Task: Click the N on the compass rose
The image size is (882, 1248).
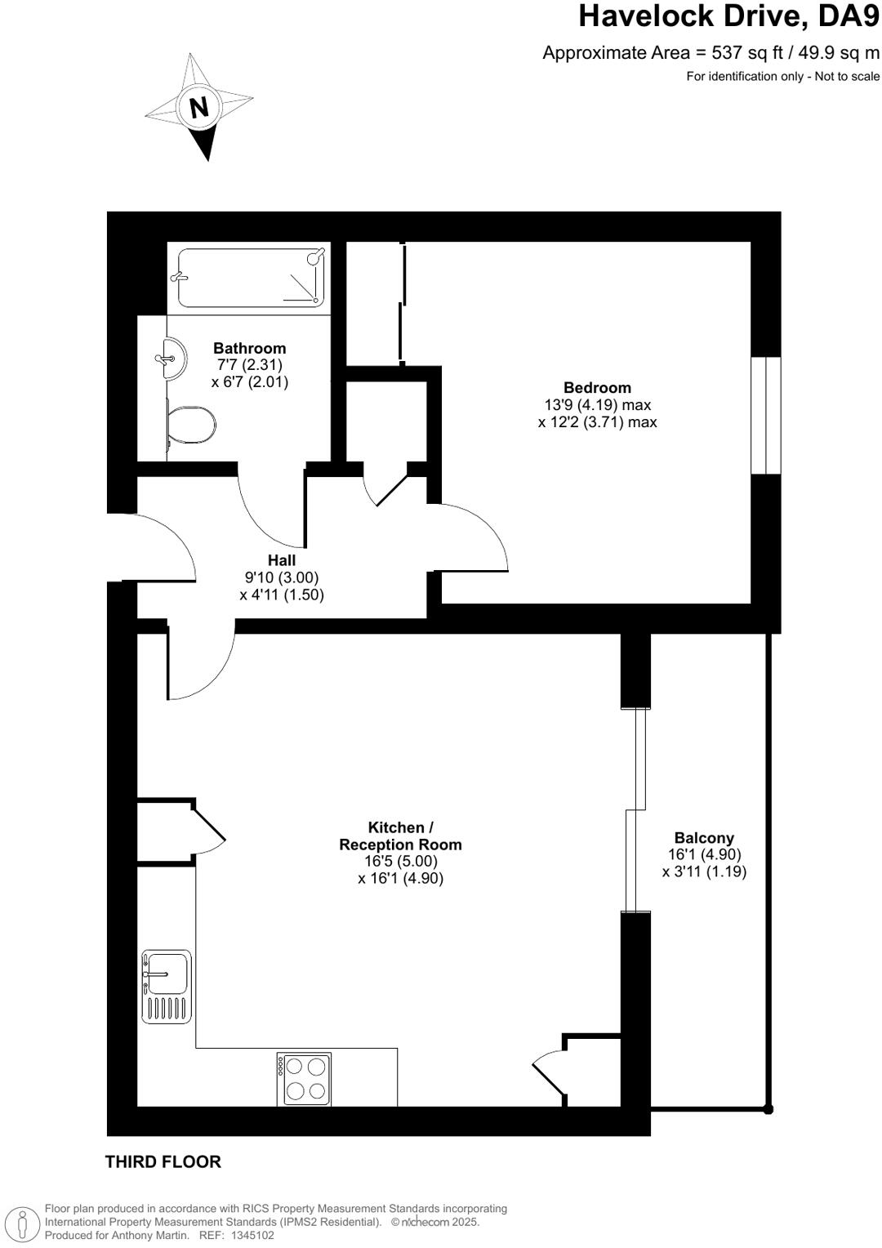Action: (x=198, y=107)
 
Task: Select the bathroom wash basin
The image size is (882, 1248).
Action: (x=175, y=359)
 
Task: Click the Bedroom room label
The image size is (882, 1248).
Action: (x=597, y=388)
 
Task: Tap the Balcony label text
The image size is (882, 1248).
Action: (x=704, y=838)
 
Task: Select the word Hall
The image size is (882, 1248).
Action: (x=282, y=560)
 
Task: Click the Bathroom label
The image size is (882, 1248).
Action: (x=249, y=348)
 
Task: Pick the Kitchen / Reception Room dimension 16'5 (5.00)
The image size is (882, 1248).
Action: (x=400, y=862)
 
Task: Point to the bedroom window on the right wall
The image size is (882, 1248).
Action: (x=766, y=415)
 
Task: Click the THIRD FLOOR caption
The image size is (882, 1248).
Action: (x=163, y=1161)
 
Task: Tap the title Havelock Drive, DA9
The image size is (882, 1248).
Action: (x=728, y=16)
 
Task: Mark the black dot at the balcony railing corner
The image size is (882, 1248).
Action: (x=768, y=1109)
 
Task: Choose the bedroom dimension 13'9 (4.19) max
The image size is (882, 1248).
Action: (x=597, y=405)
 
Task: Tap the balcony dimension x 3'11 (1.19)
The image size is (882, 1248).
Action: (x=704, y=871)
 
